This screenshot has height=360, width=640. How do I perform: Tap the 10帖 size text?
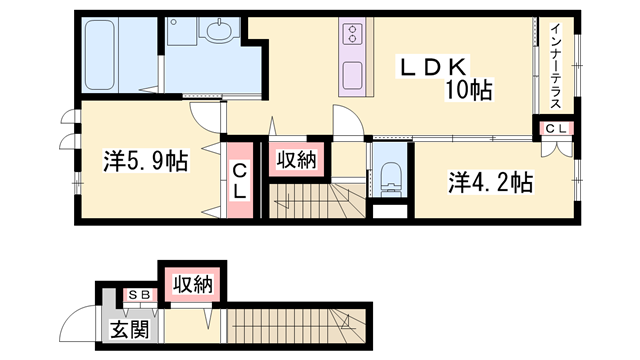click(x=468, y=90)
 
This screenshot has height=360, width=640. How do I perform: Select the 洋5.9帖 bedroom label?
click(x=146, y=159)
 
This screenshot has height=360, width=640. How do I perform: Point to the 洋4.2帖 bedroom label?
click(x=490, y=182)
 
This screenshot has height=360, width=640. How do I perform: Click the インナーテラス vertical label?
click(x=556, y=64)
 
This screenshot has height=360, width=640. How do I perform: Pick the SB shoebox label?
click(x=137, y=297)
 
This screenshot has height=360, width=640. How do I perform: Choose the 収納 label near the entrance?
click(x=193, y=284)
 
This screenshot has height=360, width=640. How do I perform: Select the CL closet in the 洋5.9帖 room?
click(x=241, y=181)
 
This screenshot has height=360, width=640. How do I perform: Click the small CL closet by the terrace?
click(x=556, y=128)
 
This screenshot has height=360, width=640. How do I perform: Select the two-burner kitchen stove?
click(x=352, y=35)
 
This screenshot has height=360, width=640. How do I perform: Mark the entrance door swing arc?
click(x=76, y=325)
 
